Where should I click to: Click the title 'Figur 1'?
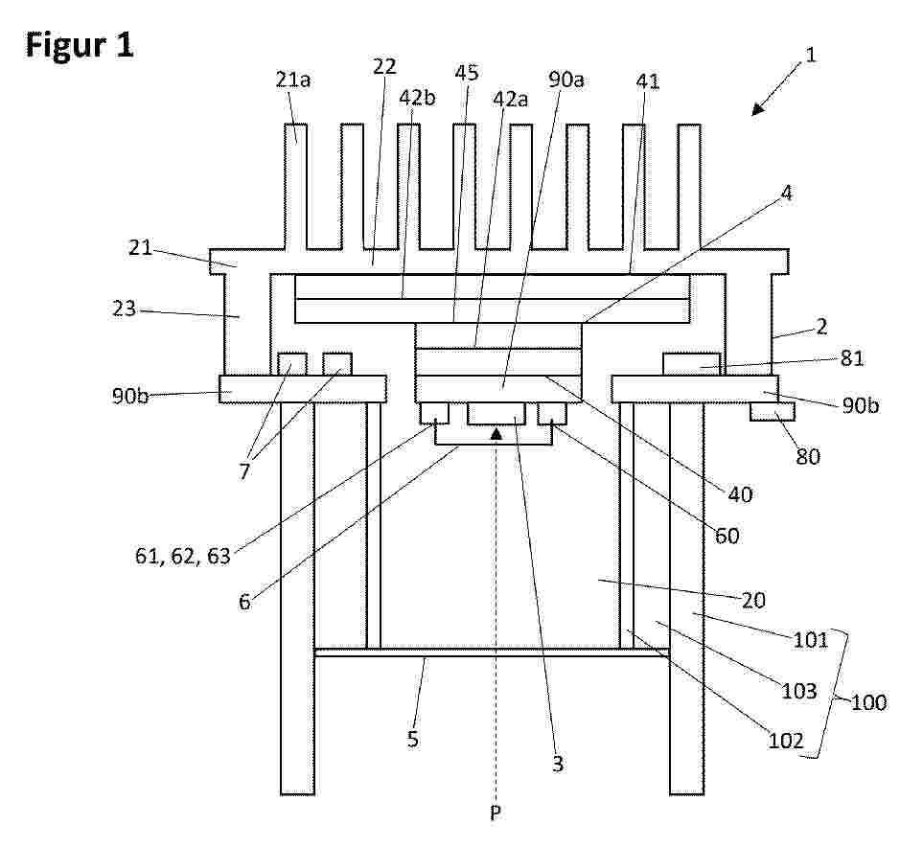coord(80,46)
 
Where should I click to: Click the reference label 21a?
coord(292,80)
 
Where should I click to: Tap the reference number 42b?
coord(417,98)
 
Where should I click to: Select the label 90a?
coord(565,80)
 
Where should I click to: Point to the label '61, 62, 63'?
coord(182,556)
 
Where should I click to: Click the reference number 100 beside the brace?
coord(868,701)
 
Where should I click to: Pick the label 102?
coord(786,741)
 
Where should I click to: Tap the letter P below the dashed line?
coord(496,812)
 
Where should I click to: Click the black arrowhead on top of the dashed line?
coord(496,434)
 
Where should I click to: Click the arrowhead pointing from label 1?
coord(759,108)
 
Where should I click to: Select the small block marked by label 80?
coord(772,411)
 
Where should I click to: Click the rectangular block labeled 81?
coord(691,364)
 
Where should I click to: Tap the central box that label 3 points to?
coord(496,413)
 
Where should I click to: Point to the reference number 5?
coord(413,739)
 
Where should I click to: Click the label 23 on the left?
coord(125,309)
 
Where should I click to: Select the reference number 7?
coord(245,471)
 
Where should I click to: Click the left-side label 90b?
coord(129,396)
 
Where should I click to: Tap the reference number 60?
coord(727,536)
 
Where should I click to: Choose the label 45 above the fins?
coord(466,73)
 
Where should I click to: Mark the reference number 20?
coord(753,600)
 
